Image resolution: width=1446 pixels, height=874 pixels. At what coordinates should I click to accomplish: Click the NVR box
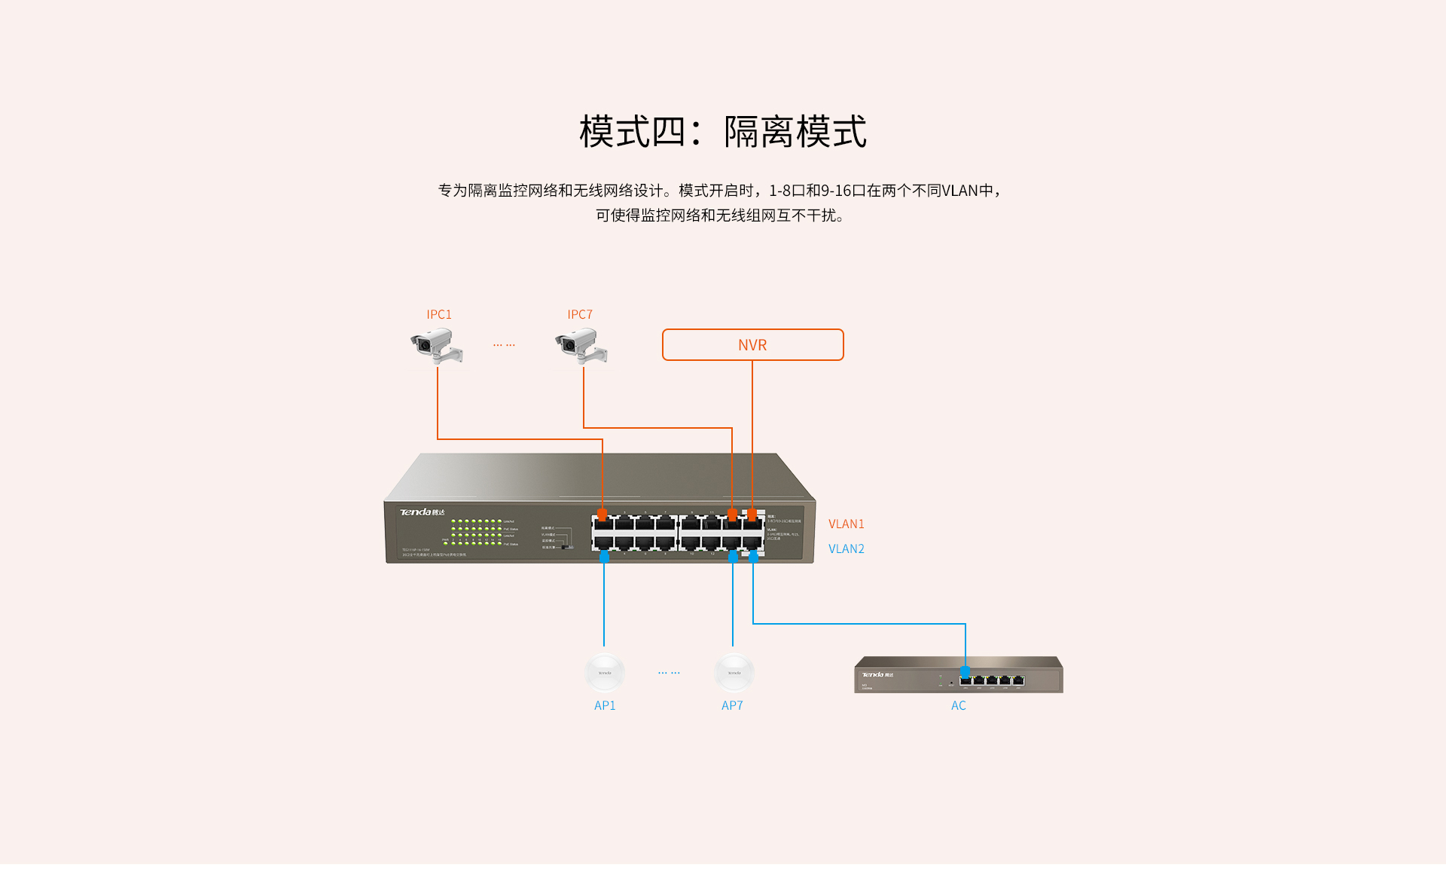(x=752, y=345)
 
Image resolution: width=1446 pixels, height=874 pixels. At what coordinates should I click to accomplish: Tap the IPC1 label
(x=439, y=314)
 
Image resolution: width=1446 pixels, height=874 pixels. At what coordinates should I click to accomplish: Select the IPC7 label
(x=580, y=314)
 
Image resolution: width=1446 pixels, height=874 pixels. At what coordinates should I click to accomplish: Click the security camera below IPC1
(x=436, y=347)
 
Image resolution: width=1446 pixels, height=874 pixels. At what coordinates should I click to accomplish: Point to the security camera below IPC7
(x=581, y=347)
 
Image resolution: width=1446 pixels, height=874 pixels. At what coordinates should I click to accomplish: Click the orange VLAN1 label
(x=846, y=524)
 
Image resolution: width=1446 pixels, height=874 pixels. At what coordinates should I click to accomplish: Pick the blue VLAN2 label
(x=846, y=549)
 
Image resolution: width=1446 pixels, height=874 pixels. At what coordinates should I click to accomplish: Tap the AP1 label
(x=605, y=705)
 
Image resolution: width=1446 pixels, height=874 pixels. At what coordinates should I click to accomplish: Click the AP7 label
(x=732, y=705)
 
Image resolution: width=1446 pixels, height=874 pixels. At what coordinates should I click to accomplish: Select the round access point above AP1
(x=605, y=672)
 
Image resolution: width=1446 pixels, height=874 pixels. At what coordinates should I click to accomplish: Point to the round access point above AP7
(x=734, y=672)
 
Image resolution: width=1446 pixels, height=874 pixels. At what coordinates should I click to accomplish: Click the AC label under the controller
(x=958, y=705)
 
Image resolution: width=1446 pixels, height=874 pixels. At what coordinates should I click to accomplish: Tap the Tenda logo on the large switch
(x=421, y=512)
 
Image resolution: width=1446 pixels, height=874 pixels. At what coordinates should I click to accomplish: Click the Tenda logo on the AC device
(x=877, y=674)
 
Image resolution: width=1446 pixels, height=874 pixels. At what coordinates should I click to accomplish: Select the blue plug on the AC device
(x=966, y=672)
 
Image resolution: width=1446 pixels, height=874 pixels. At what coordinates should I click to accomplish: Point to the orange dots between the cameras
(x=504, y=345)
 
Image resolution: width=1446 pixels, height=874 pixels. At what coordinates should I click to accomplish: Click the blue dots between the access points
(x=669, y=672)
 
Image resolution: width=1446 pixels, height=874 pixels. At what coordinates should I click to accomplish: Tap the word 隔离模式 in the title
(x=795, y=132)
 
